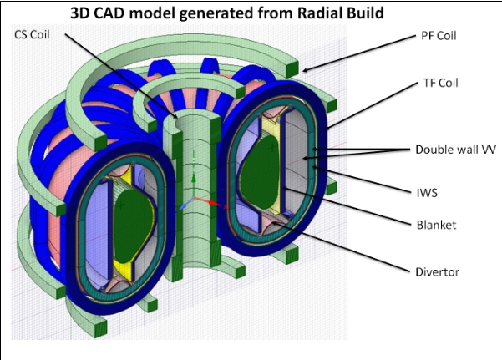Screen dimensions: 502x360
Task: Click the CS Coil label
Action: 32,34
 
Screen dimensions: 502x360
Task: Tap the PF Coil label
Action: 439,36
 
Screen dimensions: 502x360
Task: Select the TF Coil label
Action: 440,83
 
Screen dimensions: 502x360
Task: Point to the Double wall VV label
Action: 455,150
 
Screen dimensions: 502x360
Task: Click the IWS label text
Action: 427,193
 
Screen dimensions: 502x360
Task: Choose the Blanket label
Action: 436,225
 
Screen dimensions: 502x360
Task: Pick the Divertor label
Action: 438,272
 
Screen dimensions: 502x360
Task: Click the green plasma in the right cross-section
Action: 261,172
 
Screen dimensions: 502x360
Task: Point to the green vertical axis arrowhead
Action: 194,177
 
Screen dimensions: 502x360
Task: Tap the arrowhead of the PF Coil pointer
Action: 306,69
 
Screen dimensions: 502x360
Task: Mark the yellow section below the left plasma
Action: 124,269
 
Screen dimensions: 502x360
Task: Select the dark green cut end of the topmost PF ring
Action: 292,69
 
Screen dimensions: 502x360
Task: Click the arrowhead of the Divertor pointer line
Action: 274,223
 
